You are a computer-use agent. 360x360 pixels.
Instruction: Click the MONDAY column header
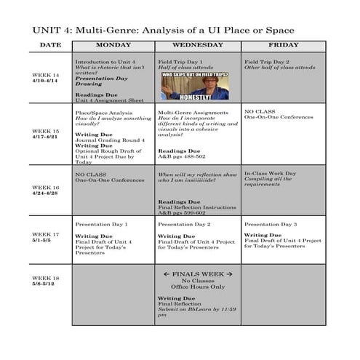pos(113,45)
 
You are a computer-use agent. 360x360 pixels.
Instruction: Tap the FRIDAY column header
pos(283,45)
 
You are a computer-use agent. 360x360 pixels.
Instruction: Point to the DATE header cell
pos(50,45)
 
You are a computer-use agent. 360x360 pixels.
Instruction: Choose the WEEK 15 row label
pos(45,134)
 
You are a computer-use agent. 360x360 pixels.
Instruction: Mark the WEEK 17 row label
pos(45,237)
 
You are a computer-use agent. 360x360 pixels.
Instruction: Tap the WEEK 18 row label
pos(45,281)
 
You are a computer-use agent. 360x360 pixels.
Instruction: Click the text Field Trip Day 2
pos(266,62)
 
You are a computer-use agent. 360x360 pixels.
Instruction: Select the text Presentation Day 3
pos(270,225)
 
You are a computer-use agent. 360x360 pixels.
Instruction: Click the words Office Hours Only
pos(197,287)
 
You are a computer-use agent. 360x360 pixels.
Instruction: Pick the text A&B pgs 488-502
pos(182,157)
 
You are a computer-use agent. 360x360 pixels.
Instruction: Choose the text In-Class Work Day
pos(270,174)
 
